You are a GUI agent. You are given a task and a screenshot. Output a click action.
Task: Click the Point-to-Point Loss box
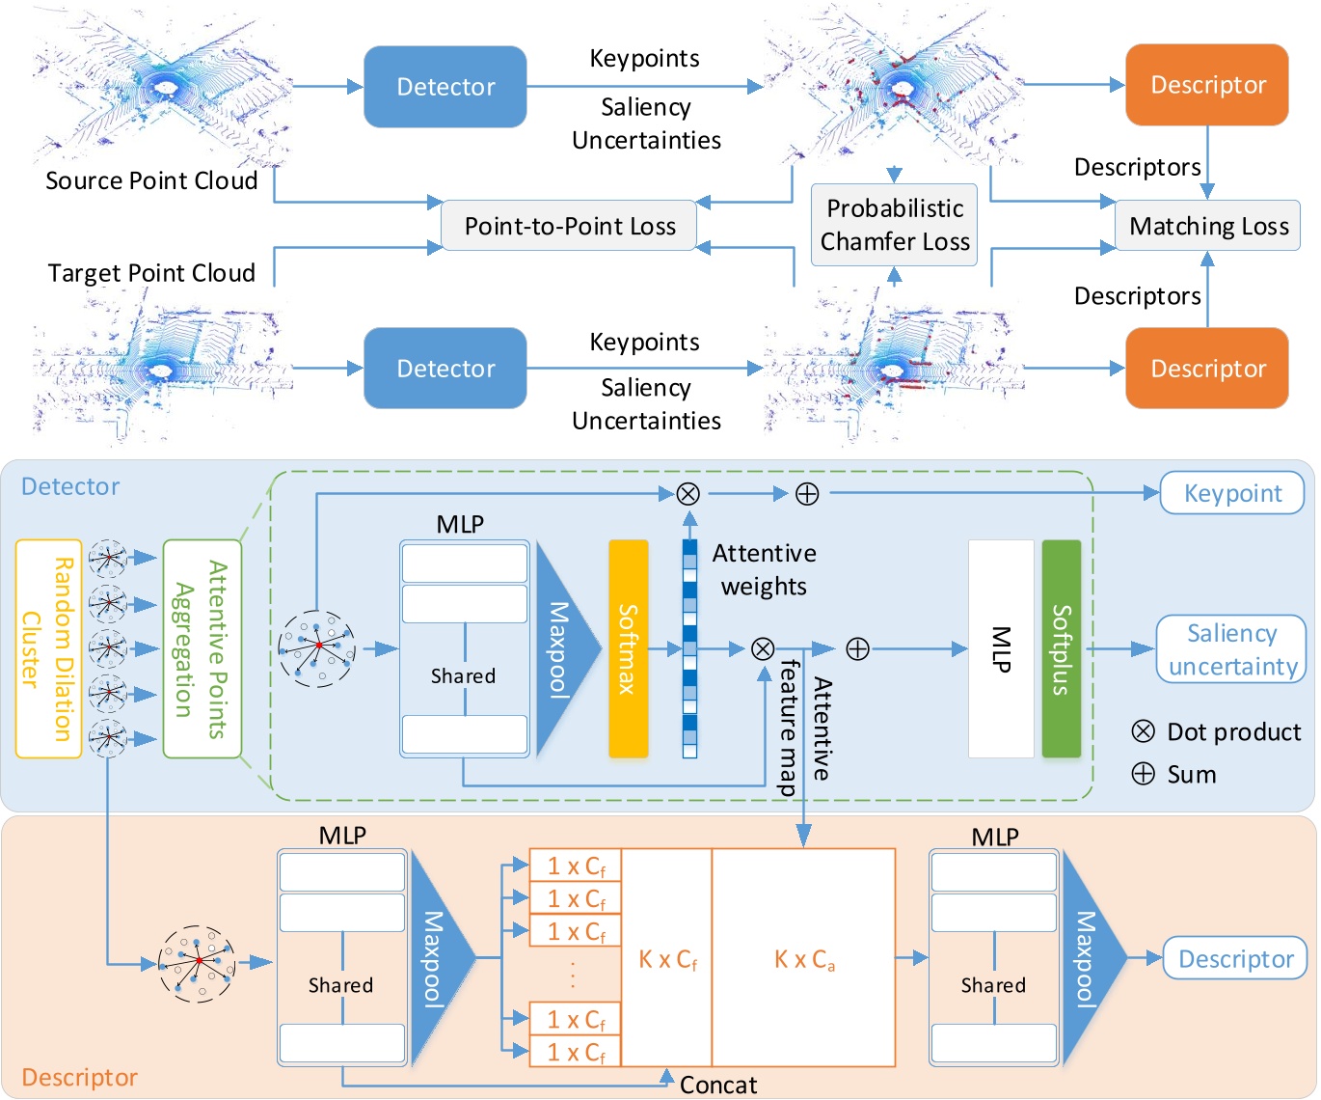coord(569,226)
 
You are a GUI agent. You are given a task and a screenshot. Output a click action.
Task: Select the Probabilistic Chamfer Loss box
coord(894,225)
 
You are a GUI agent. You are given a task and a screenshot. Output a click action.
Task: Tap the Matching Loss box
coord(1208,226)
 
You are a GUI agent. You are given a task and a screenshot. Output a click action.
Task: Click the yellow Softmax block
coord(628,648)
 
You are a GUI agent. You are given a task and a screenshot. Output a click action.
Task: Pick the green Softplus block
coord(1061,648)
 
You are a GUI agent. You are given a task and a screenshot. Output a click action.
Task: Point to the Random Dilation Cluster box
coord(48,648)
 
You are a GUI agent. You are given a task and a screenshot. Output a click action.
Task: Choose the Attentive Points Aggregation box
coord(202,648)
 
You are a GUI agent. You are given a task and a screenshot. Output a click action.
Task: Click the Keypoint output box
coord(1231,493)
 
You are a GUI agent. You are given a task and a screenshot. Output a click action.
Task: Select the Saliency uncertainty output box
coord(1231,649)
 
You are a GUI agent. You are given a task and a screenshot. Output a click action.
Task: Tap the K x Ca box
coord(804,958)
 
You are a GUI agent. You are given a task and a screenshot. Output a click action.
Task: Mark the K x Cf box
coord(667,958)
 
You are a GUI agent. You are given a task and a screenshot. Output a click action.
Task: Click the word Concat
coord(718,1085)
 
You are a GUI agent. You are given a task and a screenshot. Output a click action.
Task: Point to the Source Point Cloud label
coord(151,180)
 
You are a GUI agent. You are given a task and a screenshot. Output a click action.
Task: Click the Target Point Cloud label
coord(151,273)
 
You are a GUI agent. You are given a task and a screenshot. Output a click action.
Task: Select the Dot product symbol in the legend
coord(1143,731)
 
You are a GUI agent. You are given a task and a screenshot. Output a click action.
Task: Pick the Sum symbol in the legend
coord(1143,774)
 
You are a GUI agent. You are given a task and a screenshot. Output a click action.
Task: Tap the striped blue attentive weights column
coord(689,648)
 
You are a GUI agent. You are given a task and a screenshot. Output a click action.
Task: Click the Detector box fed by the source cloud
coord(445,87)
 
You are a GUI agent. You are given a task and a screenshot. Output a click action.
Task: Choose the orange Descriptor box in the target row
coord(1207,369)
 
